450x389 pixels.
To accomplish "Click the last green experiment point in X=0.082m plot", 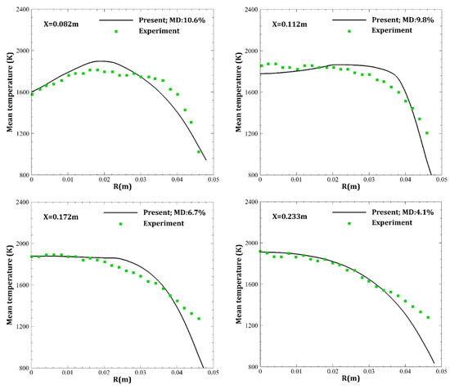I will pos(199,152).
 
